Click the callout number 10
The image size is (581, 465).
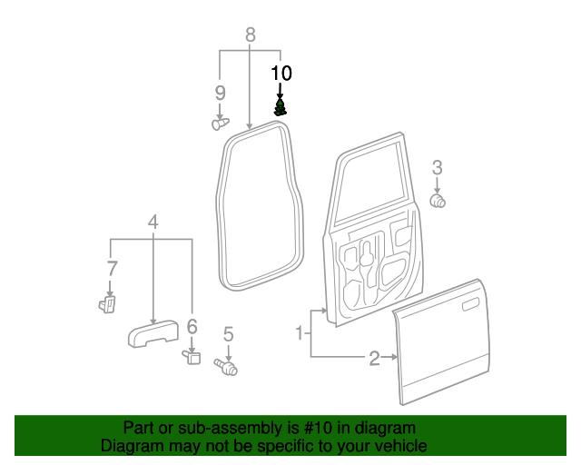point(281,72)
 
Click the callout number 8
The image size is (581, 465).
point(250,35)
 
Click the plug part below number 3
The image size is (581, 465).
point(438,200)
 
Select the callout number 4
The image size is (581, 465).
point(153,222)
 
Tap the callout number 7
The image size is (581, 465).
point(112,268)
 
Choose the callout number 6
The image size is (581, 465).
point(192,326)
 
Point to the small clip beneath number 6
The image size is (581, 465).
point(192,356)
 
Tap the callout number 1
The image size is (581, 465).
point(299,333)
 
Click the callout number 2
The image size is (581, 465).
point(374,358)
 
